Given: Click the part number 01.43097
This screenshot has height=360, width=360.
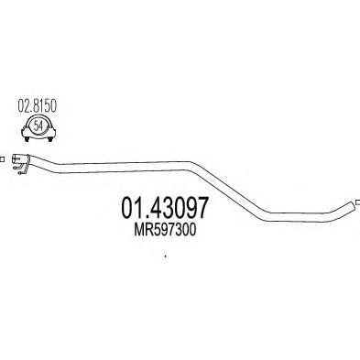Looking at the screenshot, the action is pyautogui.click(x=165, y=208).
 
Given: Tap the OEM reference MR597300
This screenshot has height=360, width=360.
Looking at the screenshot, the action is pyautogui.click(x=165, y=230).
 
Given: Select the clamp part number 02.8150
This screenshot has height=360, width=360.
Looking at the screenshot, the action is pyautogui.click(x=38, y=106).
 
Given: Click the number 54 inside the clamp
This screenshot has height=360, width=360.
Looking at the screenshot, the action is pyautogui.click(x=38, y=125).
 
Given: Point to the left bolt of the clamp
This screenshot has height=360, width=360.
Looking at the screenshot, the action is pyautogui.click(x=27, y=139).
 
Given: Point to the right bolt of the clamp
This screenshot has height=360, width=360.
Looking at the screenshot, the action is pyautogui.click(x=49, y=139).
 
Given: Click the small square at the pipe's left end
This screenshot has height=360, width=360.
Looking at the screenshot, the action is pyautogui.click(x=2, y=159).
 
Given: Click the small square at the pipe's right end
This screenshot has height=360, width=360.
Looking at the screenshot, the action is pyautogui.click(x=358, y=202).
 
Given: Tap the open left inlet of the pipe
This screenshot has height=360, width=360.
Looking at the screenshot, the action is pyautogui.click(x=14, y=158).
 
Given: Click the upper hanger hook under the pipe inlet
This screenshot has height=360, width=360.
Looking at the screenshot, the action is pyautogui.click(x=16, y=167).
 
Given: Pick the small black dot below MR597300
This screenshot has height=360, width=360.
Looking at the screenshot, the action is pyautogui.click(x=165, y=256).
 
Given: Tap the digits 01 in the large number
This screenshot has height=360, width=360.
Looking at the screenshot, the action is pyautogui.click(x=131, y=208).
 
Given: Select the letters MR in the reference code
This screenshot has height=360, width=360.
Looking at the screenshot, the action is pyautogui.click(x=142, y=230).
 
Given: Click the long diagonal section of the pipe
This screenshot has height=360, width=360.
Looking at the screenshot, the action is pyautogui.click(x=227, y=189).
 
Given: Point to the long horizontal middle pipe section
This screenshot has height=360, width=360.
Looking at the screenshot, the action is pyautogui.click(x=125, y=167).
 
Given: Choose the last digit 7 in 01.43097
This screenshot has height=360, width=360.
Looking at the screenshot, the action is pyautogui.click(x=202, y=208).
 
